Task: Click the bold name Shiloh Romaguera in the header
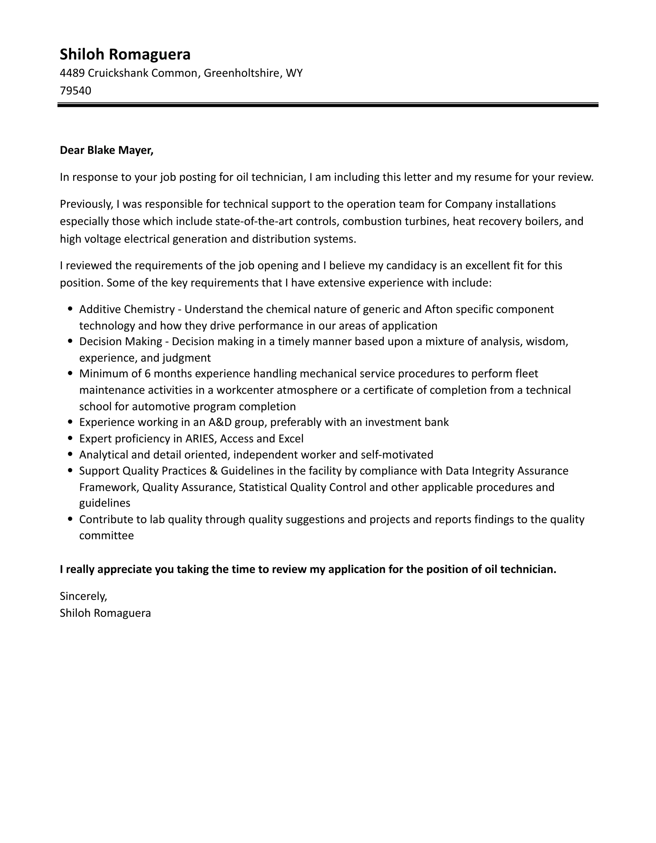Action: pyautogui.click(x=125, y=54)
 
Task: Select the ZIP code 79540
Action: pyautogui.click(x=76, y=91)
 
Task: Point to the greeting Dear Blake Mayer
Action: pyautogui.click(x=107, y=150)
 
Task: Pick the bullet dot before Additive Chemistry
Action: pyautogui.click(x=71, y=309)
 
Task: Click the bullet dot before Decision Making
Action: pyautogui.click(x=71, y=341)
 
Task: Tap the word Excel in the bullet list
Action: pyautogui.click(x=291, y=438)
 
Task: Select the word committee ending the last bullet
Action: pyautogui.click(x=107, y=536)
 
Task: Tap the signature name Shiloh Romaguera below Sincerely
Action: pyautogui.click(x=105, y=613)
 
